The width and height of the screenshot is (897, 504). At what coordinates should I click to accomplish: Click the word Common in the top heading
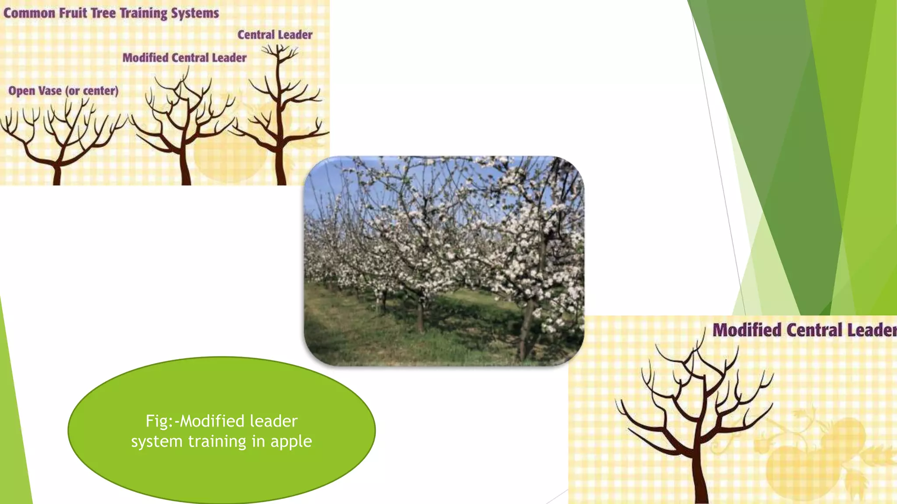(29, 13)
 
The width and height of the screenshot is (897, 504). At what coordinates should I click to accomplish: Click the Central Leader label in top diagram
(275, 35)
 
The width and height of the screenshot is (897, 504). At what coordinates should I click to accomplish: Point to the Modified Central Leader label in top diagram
(184, 57)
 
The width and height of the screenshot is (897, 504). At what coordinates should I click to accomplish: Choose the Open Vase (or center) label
(64, 91)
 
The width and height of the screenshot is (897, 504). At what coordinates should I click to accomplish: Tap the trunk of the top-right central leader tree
(280, 168)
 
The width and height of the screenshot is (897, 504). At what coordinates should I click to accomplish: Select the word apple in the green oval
(291, 442)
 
